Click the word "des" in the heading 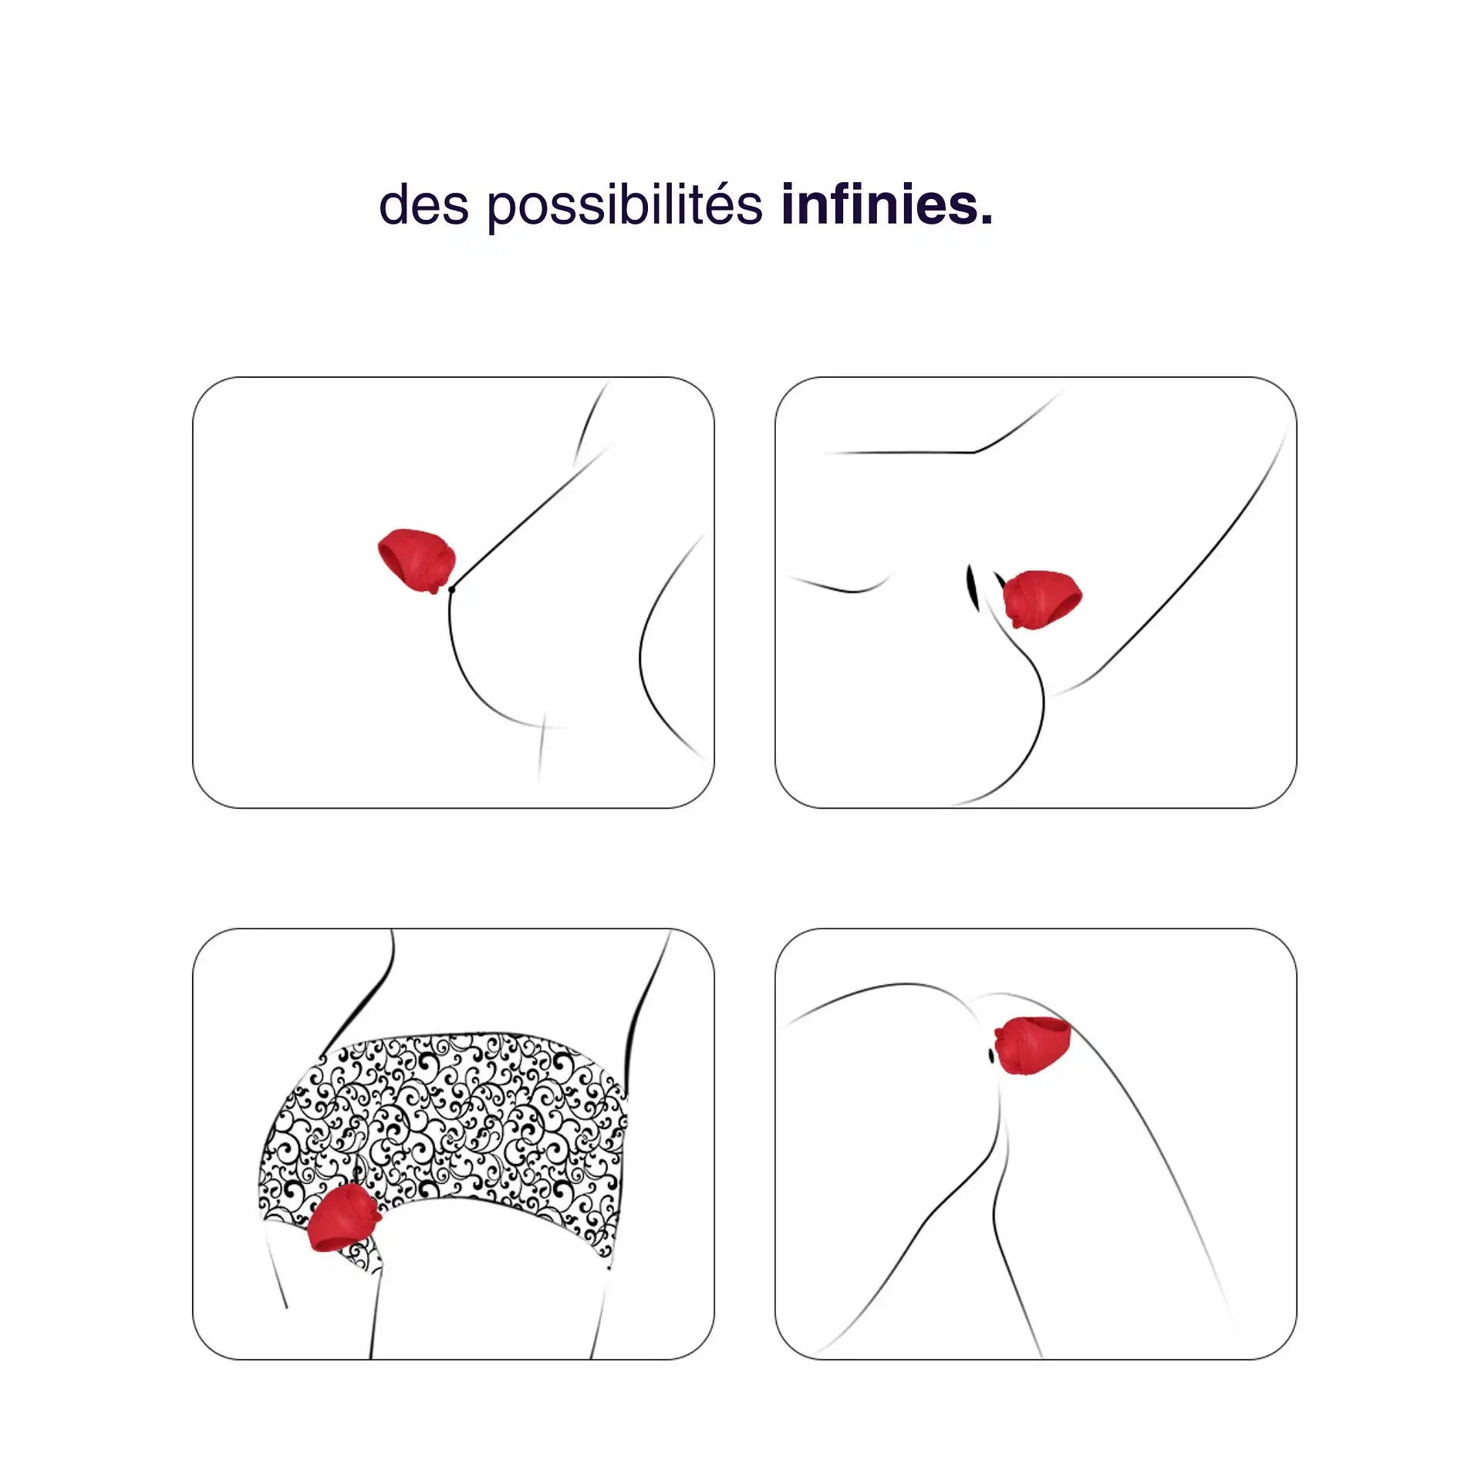[x=423, y=204]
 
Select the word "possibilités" [x=625, y=206]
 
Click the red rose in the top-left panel [x=417, y=561]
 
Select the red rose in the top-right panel [x=1042, y=599]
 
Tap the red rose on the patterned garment [x=343, y=1218]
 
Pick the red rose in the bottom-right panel [x=1033, y=1046]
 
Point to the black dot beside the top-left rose [x=451, y=589]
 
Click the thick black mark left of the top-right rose [x=972, y=586]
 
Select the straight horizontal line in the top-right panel [x=899, y=452]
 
